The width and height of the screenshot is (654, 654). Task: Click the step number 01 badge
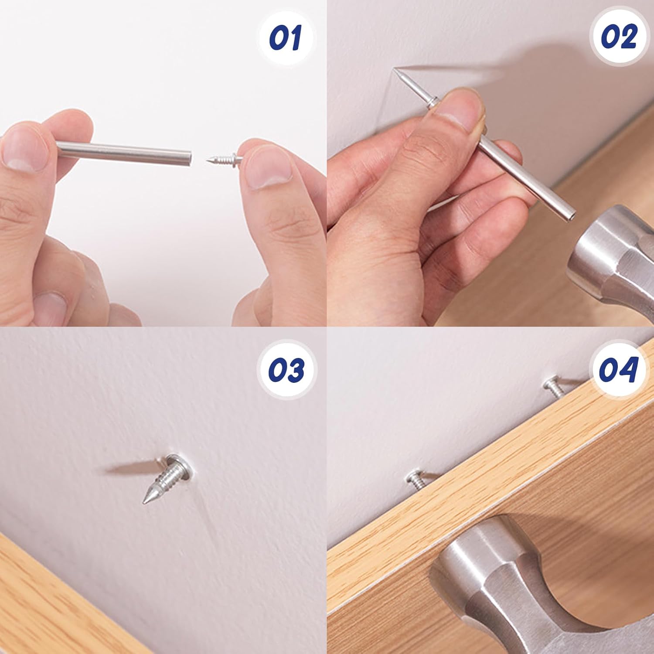[286, 37]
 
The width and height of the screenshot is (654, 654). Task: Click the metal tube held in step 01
[131, 153]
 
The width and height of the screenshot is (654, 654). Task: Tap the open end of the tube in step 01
[189, 158]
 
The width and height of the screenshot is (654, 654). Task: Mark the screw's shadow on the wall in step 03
[131, 468]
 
